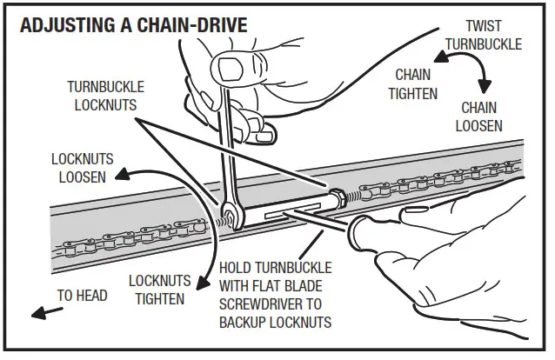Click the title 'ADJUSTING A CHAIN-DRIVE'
coord(132,24)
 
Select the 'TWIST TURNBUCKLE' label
coord(489,37)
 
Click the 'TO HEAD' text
coord(83,296)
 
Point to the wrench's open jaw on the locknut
coord(229,211)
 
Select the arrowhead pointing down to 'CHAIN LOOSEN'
coord(484,87)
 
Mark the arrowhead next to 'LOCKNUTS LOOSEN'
coord(124,170)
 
